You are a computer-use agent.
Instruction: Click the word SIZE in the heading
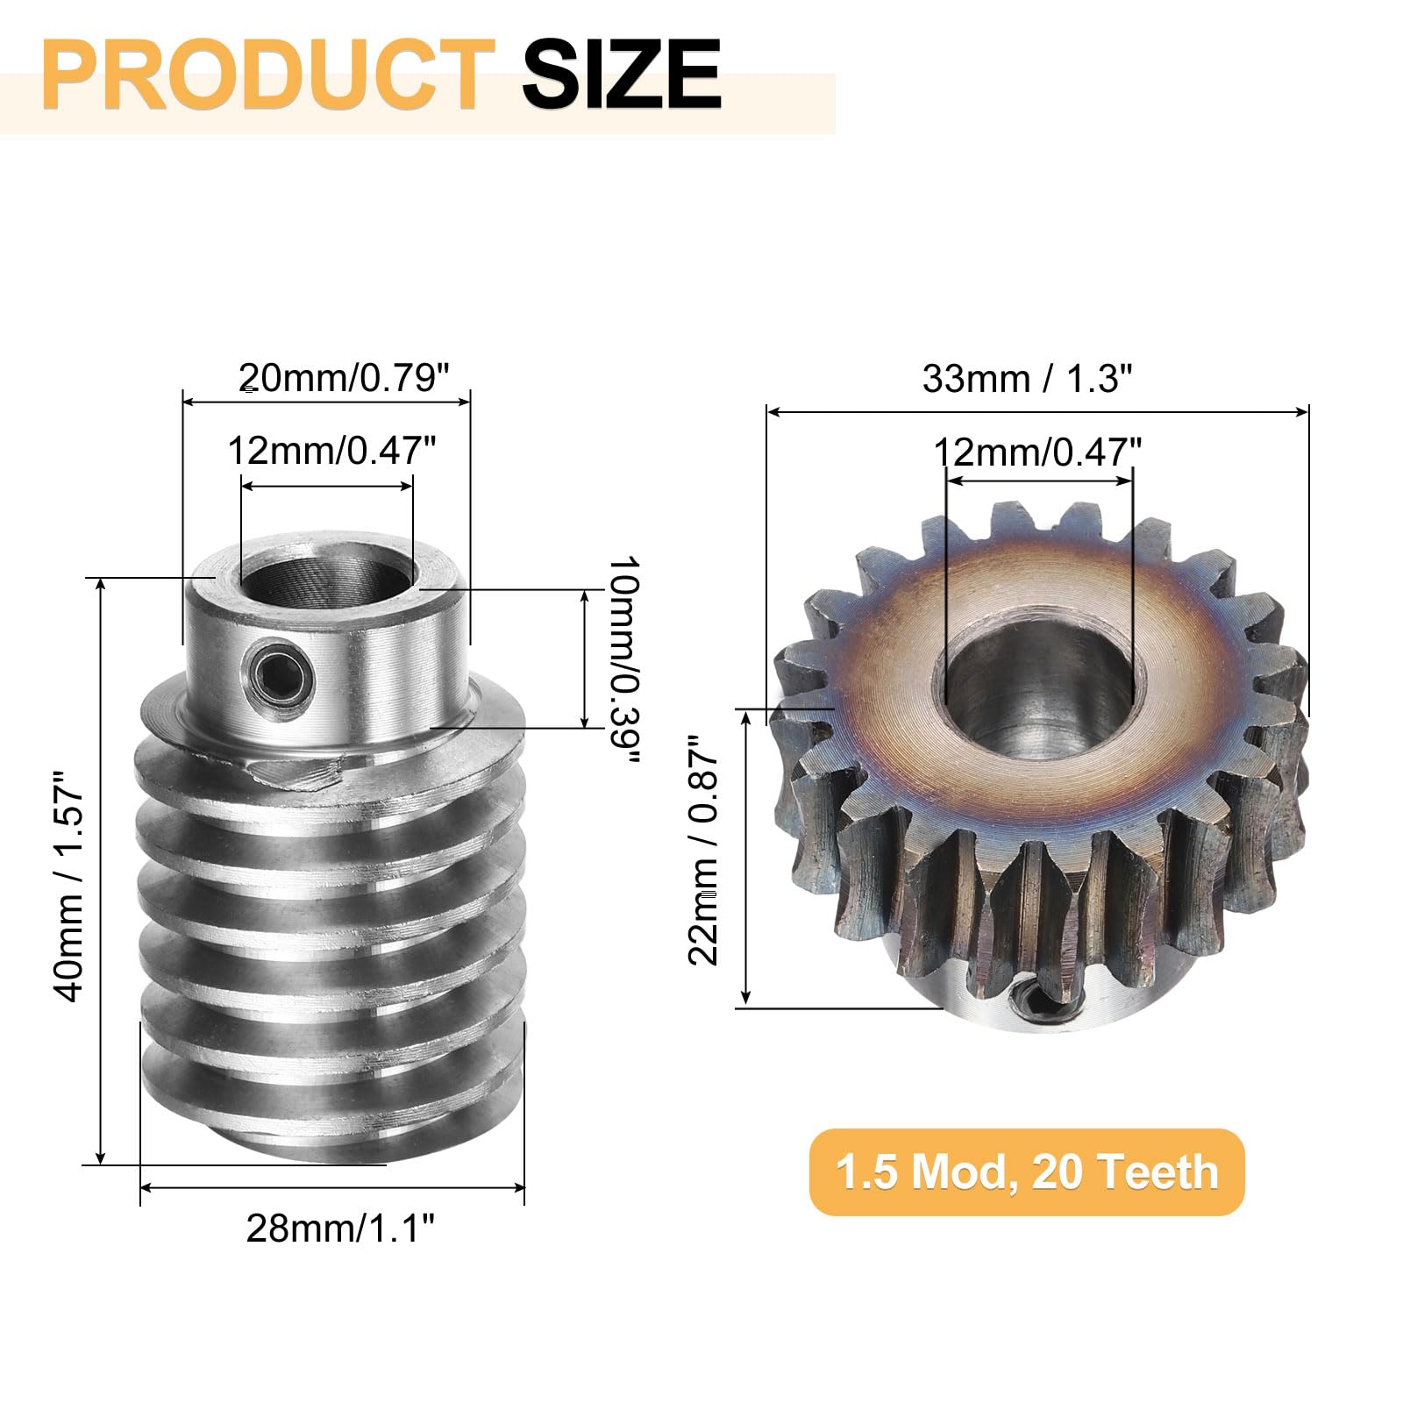(x=621, y=74)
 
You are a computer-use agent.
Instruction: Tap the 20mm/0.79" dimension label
(x=344, y=378)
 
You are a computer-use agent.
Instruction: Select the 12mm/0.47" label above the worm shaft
(x=331, y=451)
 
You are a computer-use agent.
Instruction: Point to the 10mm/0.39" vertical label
(x=623, y=659)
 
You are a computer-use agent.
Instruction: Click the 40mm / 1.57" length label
(x=69, y=887)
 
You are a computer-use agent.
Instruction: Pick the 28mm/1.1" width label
(x=340, y=1229)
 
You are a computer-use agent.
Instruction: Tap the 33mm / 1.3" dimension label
(x=1027, y=379)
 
